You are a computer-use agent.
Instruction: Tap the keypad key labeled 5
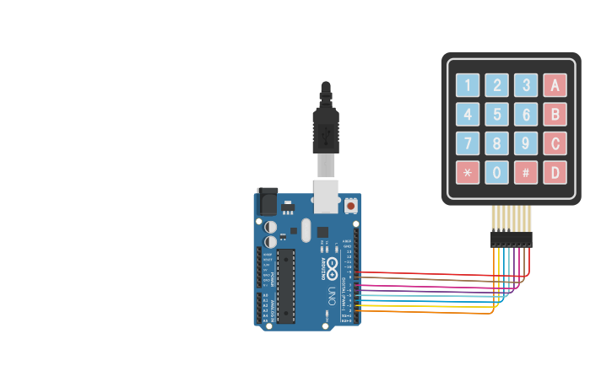coord(496,114)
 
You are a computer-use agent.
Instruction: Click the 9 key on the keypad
coord(526,143)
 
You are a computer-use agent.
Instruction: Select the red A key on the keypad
coord(555,85)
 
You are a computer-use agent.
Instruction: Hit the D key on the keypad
coord(555,173)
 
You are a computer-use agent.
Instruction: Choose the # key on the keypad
coord(526,173)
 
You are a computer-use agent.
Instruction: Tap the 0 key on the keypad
coord(496,173)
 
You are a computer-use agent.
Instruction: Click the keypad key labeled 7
coord(467,143)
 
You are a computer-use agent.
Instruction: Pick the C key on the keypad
coord(555,143)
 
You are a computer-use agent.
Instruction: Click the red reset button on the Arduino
coord(350,205)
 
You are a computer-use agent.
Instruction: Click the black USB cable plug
coord(326,126)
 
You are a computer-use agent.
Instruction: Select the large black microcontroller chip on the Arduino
coord(286,286)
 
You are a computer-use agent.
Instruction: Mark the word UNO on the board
coord(332,297)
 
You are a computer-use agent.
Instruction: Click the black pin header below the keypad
coord(512,239)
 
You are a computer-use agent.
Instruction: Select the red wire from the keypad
coord(439,274)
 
